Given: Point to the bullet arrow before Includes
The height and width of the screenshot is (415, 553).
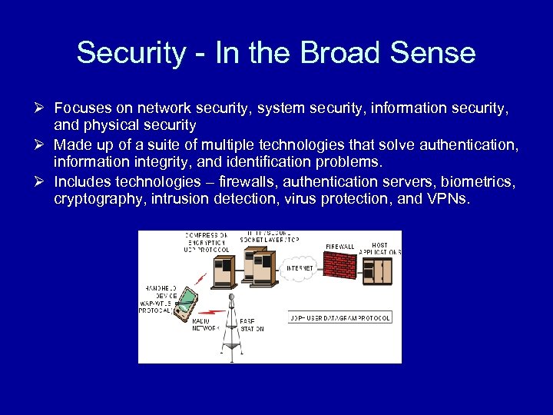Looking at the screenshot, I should (x=43, y=182).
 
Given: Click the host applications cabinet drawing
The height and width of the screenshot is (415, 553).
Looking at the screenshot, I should (x=376, y=270).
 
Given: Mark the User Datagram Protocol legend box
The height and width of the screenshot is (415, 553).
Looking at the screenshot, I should (x=339, y=317).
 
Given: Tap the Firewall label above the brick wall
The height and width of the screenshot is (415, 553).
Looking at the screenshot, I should (x=339, y=247).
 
